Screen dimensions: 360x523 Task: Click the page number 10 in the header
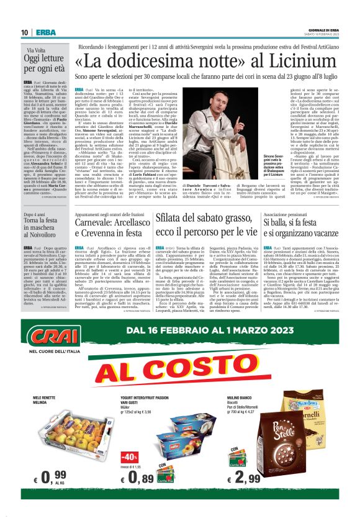pos(24,32)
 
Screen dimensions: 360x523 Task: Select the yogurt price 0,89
pos(143,478)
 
